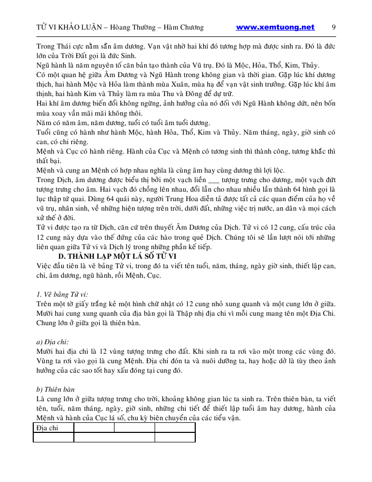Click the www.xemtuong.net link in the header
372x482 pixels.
pyautogui.click(x=275, y=27)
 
